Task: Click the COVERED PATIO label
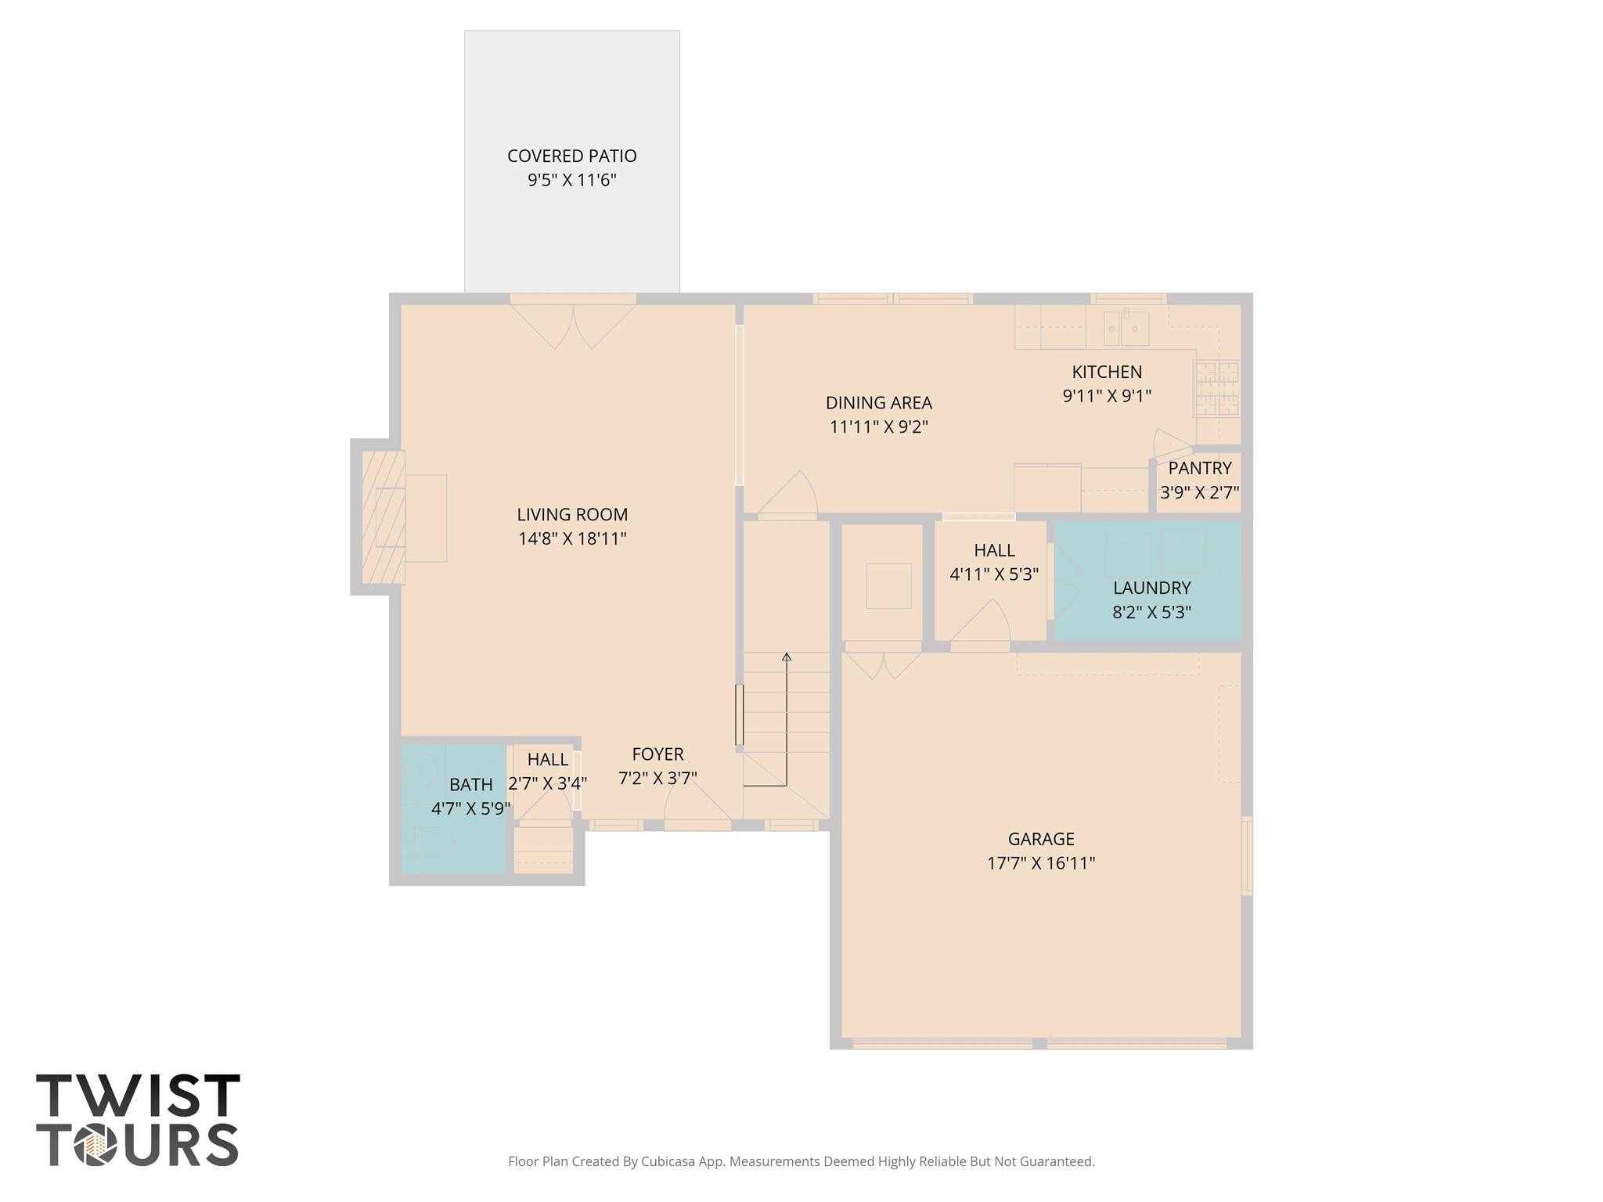[x=571, y=156]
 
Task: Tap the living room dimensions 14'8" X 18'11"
[x=572, y=538]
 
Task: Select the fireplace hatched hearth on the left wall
[x=383, y=516]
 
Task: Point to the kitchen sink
[x=1126, y=329]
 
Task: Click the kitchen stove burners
[x=1217, y=388]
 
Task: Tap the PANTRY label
[x=1199, y=468]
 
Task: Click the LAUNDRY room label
[x=1151, y=588]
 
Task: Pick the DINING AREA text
[x=878, y=402]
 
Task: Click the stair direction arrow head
[x=787, y=657]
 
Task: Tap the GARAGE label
[x=1040, y=839]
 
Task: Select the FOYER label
[x=657, y=754]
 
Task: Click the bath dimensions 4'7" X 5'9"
[x=470, y=808]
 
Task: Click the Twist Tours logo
[x=138, y=1120]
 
